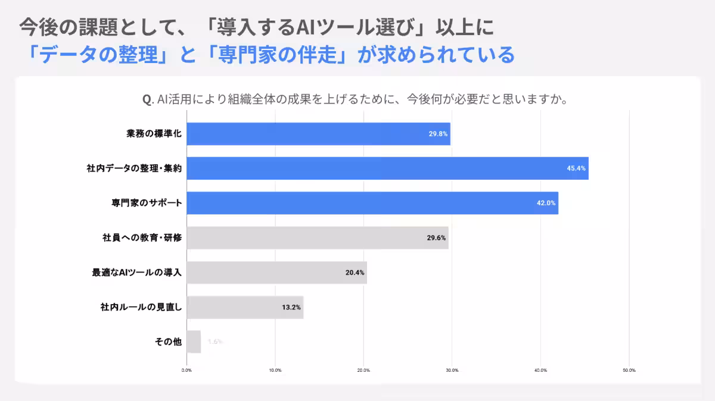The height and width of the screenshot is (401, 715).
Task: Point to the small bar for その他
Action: (194, 342)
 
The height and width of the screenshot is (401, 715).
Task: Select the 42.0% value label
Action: (546, 203)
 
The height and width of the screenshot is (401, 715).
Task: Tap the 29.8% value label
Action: (438, 134)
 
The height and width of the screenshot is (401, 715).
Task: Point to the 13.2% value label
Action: (291, 308)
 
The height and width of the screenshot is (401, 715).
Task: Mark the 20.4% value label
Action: (355, 273)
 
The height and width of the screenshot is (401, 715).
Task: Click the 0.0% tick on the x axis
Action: (186, 370)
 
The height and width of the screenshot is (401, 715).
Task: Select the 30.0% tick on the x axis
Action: (452, 370)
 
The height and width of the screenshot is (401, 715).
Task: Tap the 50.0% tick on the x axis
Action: (629, 370)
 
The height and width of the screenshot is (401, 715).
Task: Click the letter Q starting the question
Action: (147, 99)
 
